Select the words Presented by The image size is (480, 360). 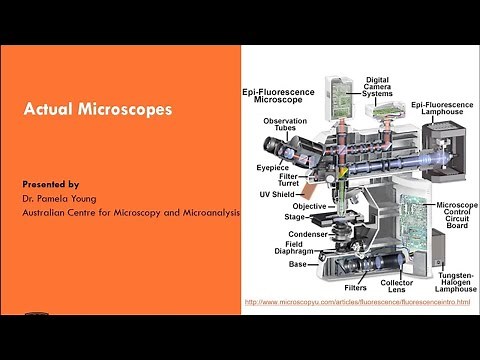(51, 185)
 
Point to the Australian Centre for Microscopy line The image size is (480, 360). (131, 213)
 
